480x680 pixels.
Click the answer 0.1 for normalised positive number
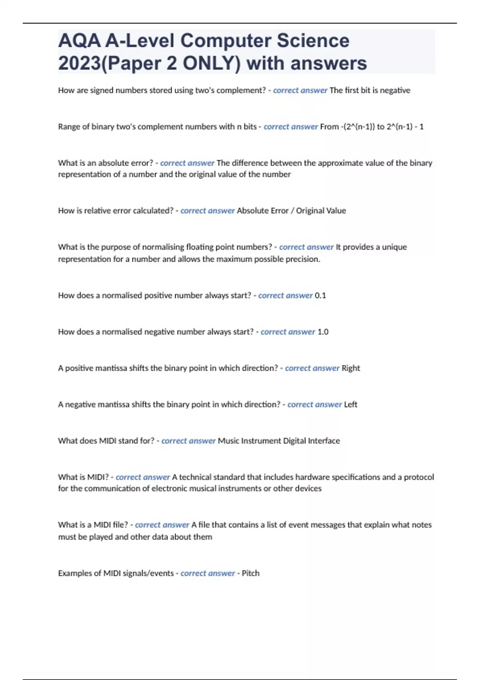(320, 296)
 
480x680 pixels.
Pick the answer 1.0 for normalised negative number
(323, 332)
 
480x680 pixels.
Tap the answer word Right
(351, 368)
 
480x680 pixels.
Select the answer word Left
(350, 405)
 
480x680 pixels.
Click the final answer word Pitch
(251, 573)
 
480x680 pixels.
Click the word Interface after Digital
(324, 441)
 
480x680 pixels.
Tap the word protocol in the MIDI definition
(419, 477)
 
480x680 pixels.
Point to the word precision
(303, 259)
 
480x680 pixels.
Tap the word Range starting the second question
(68, 127)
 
